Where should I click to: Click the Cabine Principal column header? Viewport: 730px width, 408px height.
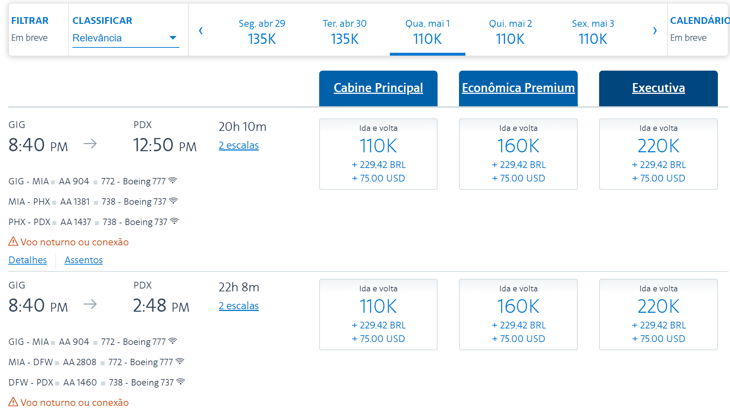(x=378, y=88)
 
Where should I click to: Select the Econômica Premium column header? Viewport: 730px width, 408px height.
(x=518, y=88)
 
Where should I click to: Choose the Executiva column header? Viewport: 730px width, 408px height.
(x=658, y=88)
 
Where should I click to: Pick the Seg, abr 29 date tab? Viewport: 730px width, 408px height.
(x=262, y=31)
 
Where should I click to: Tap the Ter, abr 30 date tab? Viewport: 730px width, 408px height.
(x=344, y=31)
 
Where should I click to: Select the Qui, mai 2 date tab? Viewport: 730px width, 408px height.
(x=510, y=31)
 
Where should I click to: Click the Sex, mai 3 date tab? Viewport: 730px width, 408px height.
(x=593, y=31)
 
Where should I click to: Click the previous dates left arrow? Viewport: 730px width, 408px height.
(x=201, y=31)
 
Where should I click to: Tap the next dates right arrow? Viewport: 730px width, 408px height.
(x=655, y=31)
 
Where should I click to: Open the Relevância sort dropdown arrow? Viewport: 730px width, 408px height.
(x=173, y=38)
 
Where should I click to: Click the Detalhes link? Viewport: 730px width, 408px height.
(x=27, y=260)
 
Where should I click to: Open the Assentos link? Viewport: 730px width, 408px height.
(x=83, y=260)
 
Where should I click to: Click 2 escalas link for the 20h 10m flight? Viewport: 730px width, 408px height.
(x=239, y=146)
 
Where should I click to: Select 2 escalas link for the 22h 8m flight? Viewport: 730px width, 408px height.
(x=239, y=306)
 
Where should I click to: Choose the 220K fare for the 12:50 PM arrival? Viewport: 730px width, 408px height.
(x=658, y=154)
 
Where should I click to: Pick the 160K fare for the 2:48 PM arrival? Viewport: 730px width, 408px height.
(x=518, y=315)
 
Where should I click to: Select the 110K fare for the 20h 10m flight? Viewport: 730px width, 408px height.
(x=378, y=154)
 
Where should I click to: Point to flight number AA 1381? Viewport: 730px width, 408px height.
(x=75, y=202)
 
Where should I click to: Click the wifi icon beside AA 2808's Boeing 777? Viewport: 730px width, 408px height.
(x=180, y=361)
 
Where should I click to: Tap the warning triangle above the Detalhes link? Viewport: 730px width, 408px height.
(x=13, y=241)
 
